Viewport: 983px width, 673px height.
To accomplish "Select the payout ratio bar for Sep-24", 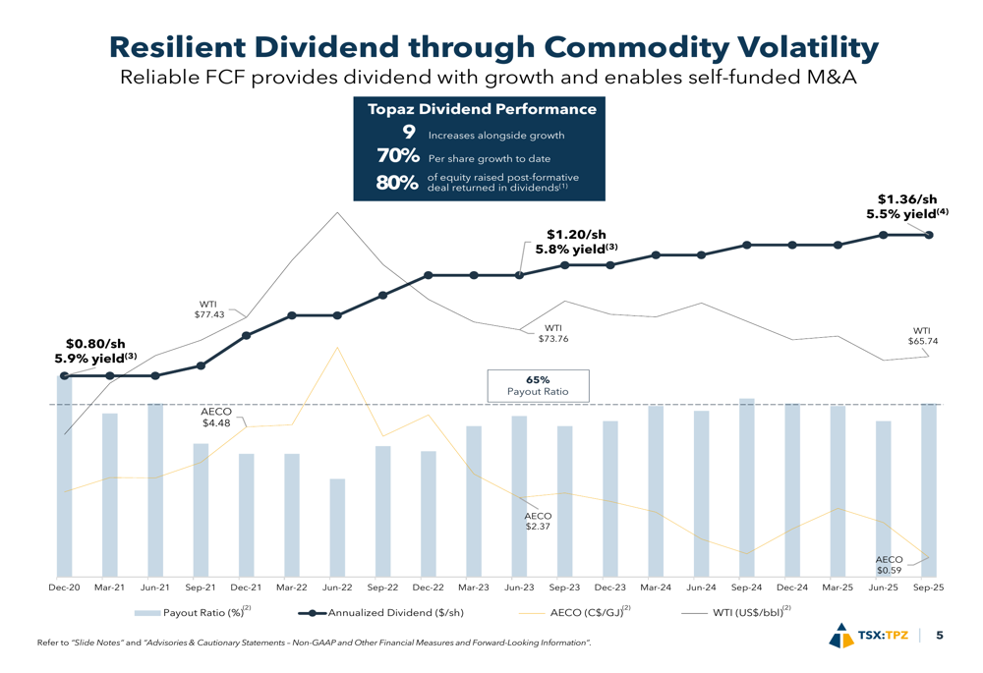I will point(747,487).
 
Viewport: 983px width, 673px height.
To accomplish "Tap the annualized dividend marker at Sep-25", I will point(929,235).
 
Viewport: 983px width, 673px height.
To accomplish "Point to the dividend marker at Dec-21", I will point(246,336).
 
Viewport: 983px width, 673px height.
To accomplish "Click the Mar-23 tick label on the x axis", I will point(473,588).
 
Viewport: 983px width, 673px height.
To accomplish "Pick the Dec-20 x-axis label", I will point(65,588).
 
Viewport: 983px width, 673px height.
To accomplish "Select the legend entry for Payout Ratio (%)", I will point(193,613).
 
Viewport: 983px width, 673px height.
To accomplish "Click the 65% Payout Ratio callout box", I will point(538,385).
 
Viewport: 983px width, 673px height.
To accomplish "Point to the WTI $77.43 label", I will point(209,309).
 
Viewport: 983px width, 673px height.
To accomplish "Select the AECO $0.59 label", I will point(889,564).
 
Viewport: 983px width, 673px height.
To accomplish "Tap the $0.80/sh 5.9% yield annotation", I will point(95,351).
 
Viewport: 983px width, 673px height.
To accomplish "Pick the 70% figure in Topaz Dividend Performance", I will point(398,157).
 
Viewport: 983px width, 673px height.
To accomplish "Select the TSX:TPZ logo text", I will point(883,636).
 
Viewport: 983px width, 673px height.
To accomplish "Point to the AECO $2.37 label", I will point(538,521).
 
